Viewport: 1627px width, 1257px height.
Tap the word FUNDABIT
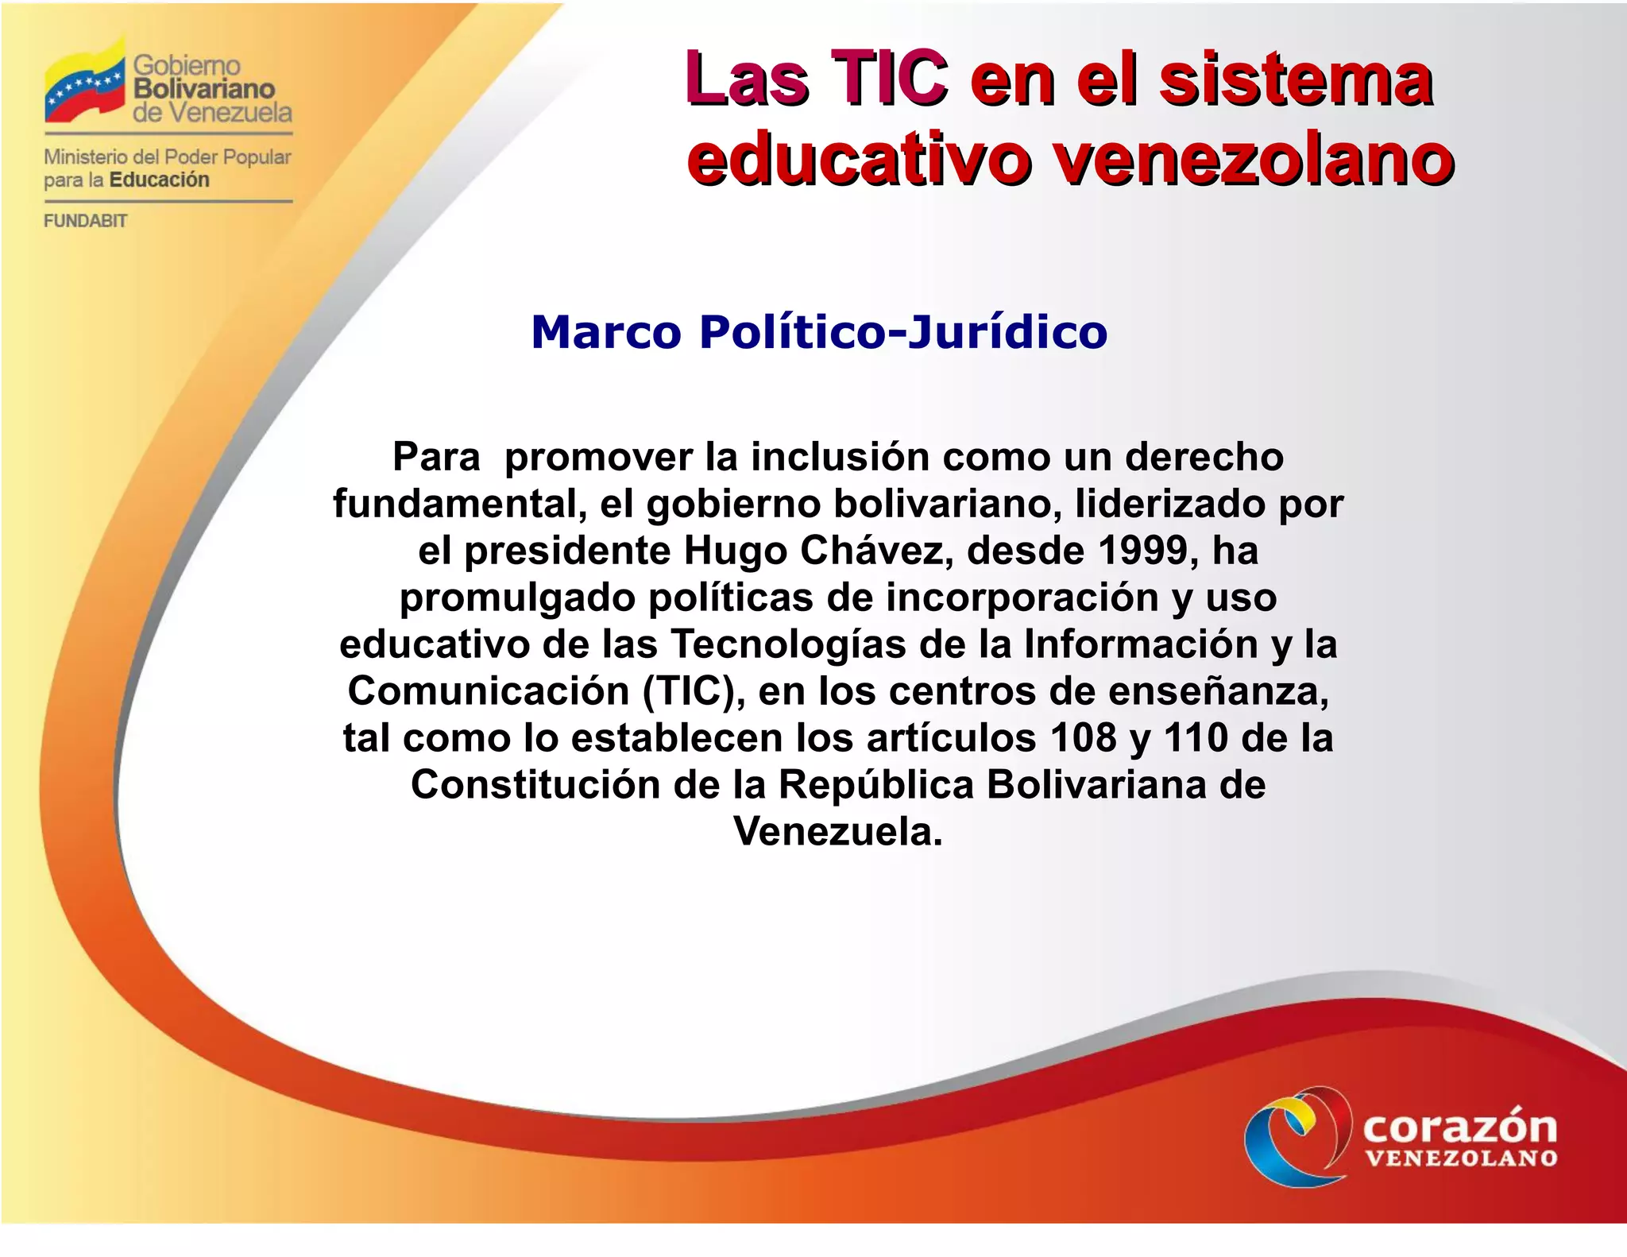pyautogui.click(x=85, y=221)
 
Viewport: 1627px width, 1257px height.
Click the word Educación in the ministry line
pyautogui.click(x=160, y=180)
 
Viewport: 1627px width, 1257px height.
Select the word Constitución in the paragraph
pyautogui.click(x=535, y=784)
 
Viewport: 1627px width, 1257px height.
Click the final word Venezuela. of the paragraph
pyautogui.click(x=838, y=831)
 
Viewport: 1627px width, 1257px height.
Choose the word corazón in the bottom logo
pyautogui.click(x=1460, y=1127)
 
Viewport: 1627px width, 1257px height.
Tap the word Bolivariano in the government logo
pyautogui.click(x=204, y=88)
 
